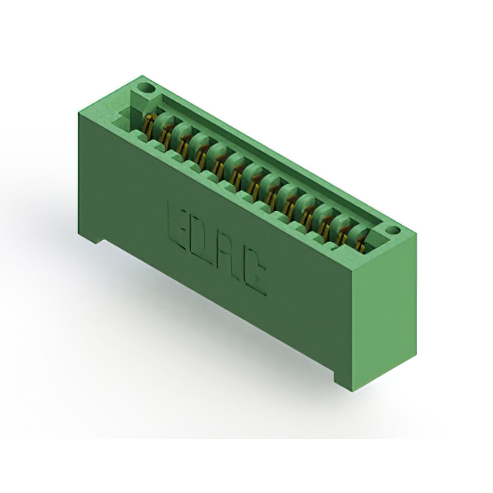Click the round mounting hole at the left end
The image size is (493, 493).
[146, 88]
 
